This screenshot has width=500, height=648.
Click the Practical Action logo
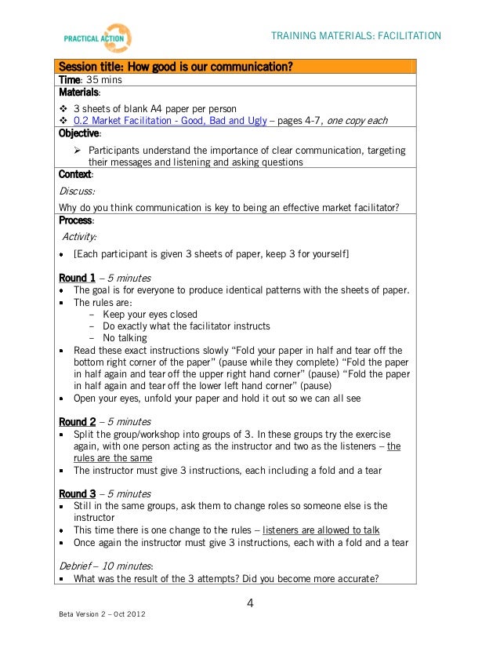pos(97,38)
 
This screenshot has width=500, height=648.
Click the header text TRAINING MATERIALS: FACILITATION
pos(356,36)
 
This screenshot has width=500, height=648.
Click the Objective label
pos(80,133)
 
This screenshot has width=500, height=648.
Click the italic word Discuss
pos(77,191)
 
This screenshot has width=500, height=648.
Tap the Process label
pos(76,220)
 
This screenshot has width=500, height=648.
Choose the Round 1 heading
pos(78,278)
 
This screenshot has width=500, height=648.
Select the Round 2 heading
pos(78,420)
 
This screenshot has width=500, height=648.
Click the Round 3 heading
pos(78,493)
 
